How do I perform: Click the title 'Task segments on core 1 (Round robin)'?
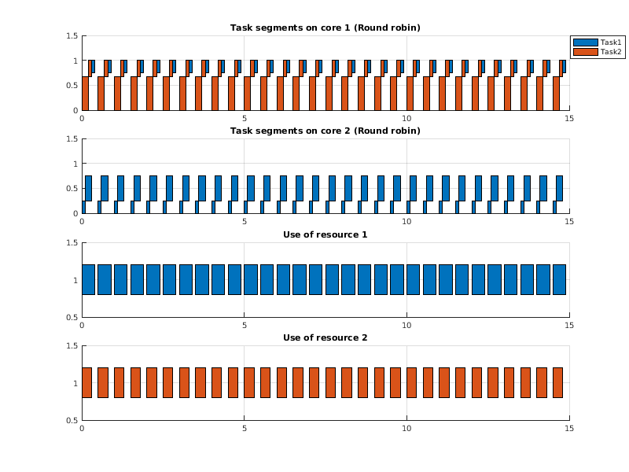(x=325, y=28)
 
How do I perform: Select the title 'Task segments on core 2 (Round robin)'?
(x=325, y=131)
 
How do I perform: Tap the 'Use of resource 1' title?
(x=325, y=234)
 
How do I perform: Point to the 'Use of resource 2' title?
(x=325, y=337)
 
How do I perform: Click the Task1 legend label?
(x=611, y=42)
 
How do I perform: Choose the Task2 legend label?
(x=611, y=52)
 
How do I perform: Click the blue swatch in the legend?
(x=585, y=42)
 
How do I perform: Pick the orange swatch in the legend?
(x=585, y=52)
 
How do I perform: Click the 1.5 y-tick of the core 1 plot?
(x=71, y=36)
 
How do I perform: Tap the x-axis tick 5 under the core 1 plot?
(x=245, y=119)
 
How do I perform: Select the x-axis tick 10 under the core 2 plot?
(x=407, y=222)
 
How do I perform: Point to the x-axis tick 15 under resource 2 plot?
(x=569, y=429)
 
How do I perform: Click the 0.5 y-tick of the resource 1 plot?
(x=71, y=318)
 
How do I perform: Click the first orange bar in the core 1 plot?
(x=85, y=93)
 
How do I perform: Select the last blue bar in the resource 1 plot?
(x=559, y=279)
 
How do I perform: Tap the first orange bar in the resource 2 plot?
(x=86, y=382)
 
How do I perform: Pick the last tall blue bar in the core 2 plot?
(x=559, y=188)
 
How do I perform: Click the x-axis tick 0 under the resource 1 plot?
(x=82, y=326)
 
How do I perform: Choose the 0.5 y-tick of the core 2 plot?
(x=71, y=189)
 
